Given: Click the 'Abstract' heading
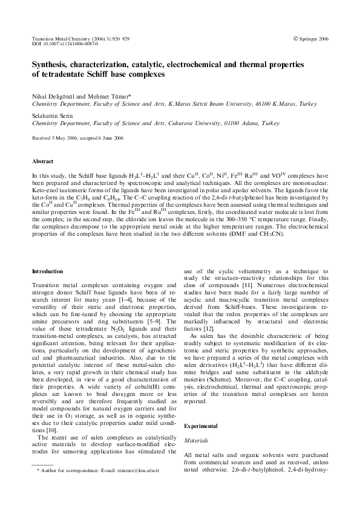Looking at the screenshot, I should [42, 162].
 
